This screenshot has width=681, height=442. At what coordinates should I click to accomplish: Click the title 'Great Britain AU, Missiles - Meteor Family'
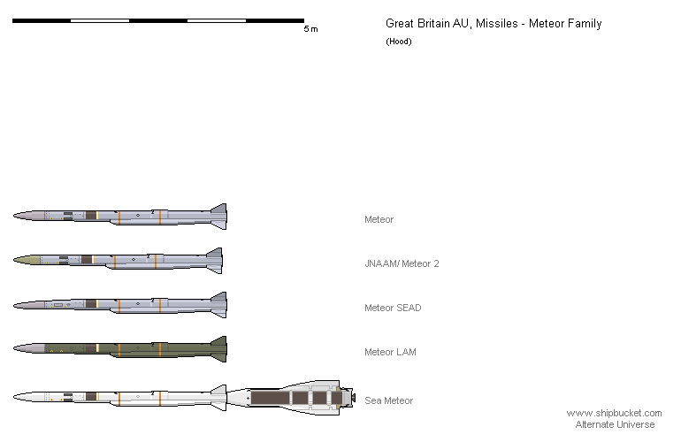pos(494,24)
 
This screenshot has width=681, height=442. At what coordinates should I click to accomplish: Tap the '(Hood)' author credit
pos(399,42)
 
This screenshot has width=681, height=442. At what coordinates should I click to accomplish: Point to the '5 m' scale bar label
pos(311,29)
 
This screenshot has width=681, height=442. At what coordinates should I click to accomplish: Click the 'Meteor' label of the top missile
pos(379,219)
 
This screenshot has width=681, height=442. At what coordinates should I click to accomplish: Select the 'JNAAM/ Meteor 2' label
pos(402,263)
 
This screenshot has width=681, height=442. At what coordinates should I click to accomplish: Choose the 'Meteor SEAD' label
pos(393,308)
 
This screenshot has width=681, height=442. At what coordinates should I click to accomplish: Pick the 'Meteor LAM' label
pos(390,352)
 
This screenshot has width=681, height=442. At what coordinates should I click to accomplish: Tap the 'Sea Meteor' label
pos(389,400)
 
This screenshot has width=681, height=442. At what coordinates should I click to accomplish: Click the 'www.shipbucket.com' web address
pos(614,414)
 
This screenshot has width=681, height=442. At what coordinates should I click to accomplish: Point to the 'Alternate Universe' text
pos(615,424)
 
